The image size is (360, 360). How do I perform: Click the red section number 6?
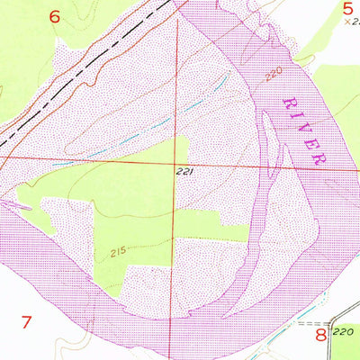point(55,16)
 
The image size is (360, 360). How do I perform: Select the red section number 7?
point(26,321)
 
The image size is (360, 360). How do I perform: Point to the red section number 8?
point(319,336)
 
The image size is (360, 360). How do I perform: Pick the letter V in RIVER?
point(303,128)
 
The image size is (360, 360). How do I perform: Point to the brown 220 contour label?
point(274,73)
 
